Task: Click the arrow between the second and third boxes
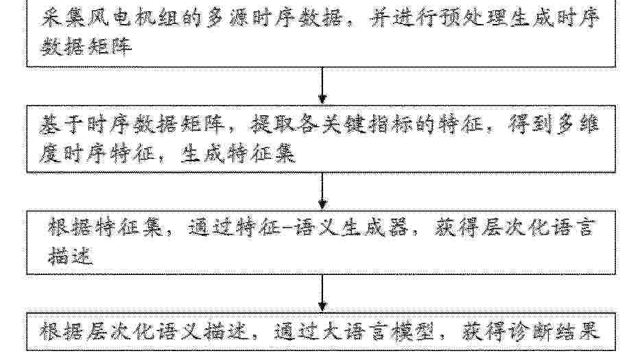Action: coord(322,191)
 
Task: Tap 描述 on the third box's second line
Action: coord(71,256)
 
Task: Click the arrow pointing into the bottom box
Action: coord(322,293)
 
